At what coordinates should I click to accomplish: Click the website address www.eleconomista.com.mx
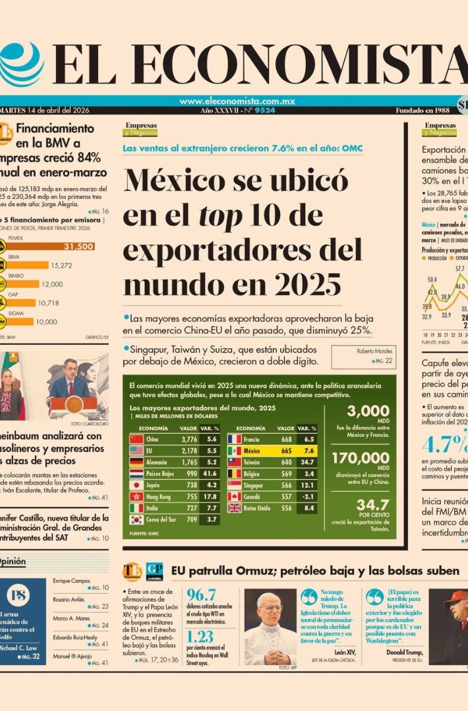point(237,101)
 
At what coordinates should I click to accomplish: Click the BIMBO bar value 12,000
point(52,284)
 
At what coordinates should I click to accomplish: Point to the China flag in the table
point(136,438)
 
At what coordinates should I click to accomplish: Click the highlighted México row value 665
point(285,451)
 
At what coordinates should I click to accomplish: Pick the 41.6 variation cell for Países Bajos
point(211,473)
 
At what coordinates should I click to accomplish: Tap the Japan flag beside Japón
point(136,485)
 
